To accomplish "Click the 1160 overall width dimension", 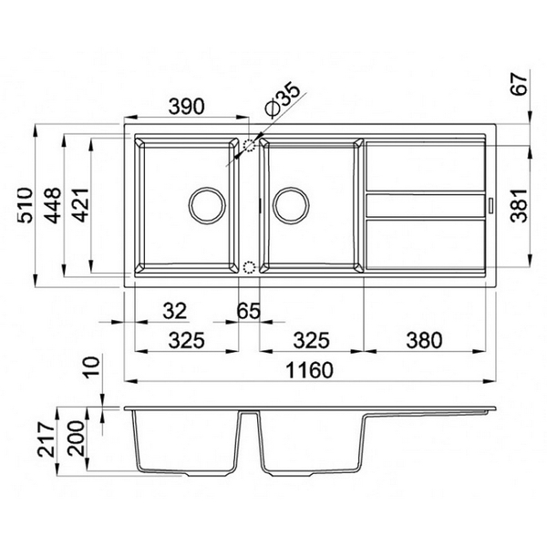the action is coord(309,370).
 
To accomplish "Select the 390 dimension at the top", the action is coord(186,107).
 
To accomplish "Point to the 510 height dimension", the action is coord(26,205).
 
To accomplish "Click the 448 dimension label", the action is coord(53,205).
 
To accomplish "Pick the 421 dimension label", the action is coord(81,205).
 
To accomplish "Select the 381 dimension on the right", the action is coord(519,205).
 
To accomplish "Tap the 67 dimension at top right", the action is coord(519,84).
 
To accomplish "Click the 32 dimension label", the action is coord(175,311).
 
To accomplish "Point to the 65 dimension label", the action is coord(248,311).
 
